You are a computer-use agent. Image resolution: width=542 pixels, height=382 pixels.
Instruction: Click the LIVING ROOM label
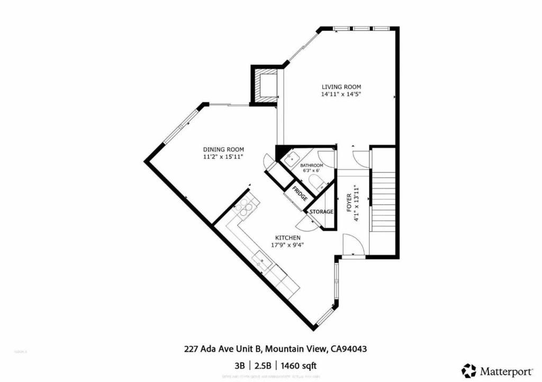coord(341,87)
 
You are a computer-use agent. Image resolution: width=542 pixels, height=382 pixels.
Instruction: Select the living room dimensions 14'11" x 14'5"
coord(341,94)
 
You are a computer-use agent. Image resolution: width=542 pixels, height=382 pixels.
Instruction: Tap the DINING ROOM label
coord(223,150)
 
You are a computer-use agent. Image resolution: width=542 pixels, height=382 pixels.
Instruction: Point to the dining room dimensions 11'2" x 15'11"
coord(223,157)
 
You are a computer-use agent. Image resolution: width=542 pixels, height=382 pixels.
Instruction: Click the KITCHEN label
coord(288,238)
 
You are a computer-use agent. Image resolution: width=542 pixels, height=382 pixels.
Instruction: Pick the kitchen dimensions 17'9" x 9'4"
coord(288,245)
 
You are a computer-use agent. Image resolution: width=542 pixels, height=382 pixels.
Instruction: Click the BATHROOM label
coord(311,166)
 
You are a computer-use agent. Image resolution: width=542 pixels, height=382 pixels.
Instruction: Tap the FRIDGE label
coord(300,195)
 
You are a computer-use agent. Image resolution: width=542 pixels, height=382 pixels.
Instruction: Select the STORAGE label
coord(321,212)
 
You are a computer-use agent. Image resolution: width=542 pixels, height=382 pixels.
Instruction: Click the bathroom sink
coord(291,158)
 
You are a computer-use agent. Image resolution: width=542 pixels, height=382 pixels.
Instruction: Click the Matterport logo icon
coord(468,370)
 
